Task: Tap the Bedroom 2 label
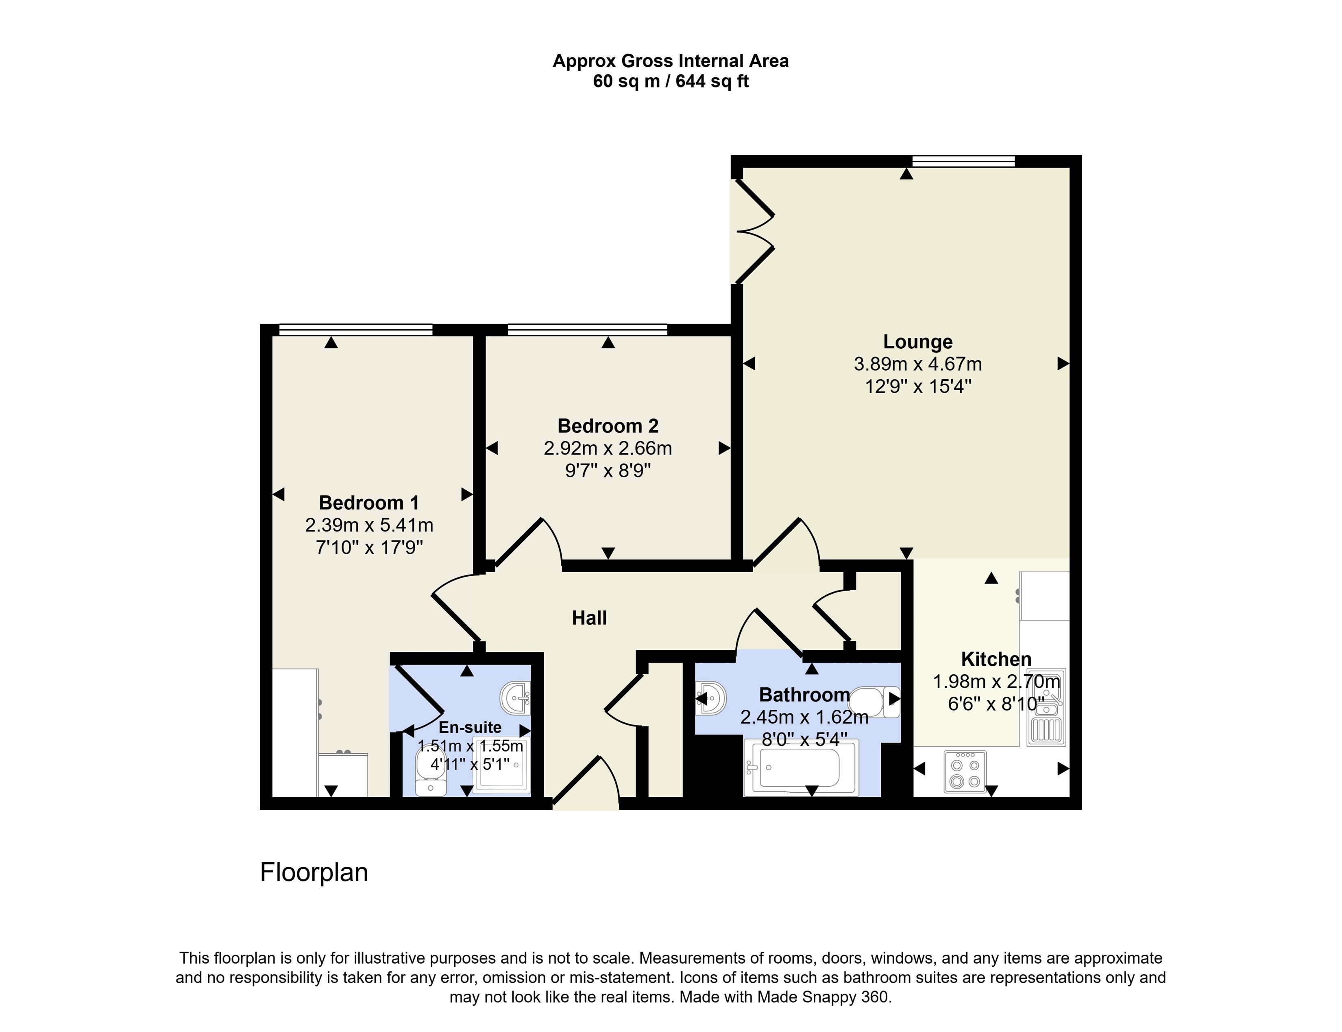608,426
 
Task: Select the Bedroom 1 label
369,503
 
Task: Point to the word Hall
589,618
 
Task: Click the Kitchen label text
996,659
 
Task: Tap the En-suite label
470,727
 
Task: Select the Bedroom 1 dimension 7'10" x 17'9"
369,547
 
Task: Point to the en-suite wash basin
516,698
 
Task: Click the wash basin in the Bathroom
711,698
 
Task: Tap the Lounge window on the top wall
963,162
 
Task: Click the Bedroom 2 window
588,330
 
